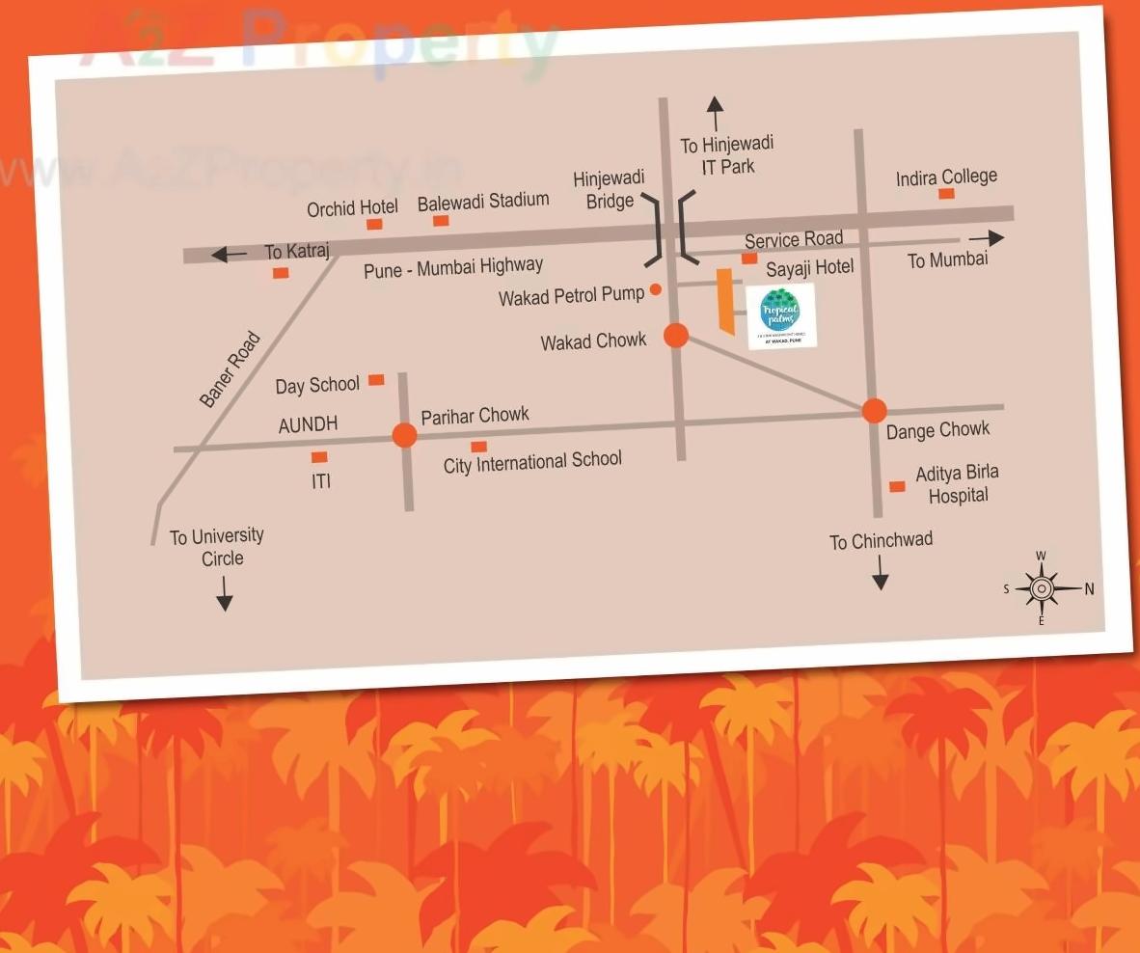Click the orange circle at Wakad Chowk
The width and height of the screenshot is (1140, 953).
pyautogui.click(x=676, y=335)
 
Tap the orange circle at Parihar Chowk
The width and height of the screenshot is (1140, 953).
pyautogui.click(x=405, y=436)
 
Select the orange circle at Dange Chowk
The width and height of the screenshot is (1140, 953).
pyautogui.click(x=874, y=411)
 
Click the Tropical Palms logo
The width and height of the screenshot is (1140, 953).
pyautogui.click(x=782, y=315)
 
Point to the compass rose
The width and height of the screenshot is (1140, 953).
pyautogui.click(x=1042, y=587)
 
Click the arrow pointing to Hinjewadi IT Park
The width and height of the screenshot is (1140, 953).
pyautogui.click(x=715, y=113)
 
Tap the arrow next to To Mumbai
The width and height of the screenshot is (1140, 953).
pyautogui.click(x=986, y=238)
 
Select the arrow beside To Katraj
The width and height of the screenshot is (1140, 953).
pyautogui.click(x=229, y=255)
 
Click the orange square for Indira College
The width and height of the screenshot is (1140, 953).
pyautogui.click(x=947, y=194)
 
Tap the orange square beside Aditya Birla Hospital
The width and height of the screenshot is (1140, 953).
pyautogui.click(x=897, y=486)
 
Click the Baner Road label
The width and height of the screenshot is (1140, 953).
pyautogui.click(x=231, y=369)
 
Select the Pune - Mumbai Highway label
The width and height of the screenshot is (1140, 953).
pyautogui.click(x=453, y=267)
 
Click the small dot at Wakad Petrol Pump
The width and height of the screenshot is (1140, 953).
pyautogui.click(x=656, y=288)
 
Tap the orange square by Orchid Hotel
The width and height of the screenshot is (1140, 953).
pyautogui.click(x=374, y=224)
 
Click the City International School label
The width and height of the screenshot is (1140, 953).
pyautogui.click(x=532, y=461)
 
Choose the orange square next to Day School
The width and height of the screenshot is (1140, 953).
pyautogui.click(x=376, y=380)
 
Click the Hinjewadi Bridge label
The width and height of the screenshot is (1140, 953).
pyautogui.click(x=610, y=189)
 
